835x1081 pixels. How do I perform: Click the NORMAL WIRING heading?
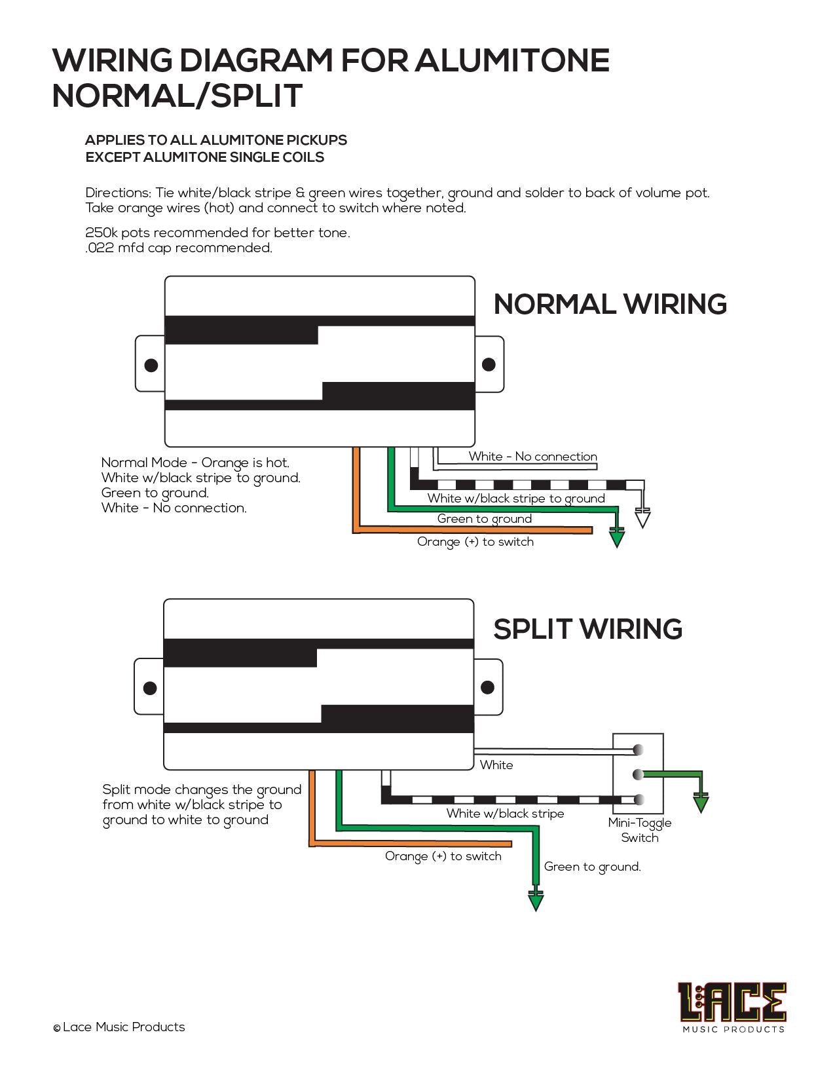click(x=610, y=305)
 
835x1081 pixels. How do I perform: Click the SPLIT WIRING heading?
click(x=587, y=629)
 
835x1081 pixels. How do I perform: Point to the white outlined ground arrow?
click(x=643, y=518)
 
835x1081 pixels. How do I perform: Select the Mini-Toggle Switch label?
click(x=639, y=830)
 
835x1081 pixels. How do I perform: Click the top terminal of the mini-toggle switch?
click(x=638, y=750)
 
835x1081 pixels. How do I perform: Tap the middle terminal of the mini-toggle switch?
click(x=638, y=774)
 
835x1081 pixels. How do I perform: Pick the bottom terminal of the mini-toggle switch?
click(x=638, y=799)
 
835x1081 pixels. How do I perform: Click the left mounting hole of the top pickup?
click(x=151, y=365)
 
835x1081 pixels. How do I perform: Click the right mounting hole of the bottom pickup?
click(x=487, y=687)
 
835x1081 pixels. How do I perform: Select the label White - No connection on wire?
click(x=532, y=457)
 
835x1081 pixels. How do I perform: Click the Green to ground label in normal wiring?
click(x=484, y=519)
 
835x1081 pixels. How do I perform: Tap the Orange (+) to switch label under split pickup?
click(x=443, y=856)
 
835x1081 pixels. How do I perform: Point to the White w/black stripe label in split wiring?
click(x=505, y=814)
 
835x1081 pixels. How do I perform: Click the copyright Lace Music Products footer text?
click(x=119, y=1027)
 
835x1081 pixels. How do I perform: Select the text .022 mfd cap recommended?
click(x=179, y=248)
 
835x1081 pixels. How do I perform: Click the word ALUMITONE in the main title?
click(x=511, y=60)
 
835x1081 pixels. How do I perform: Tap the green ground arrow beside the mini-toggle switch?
click(x=701, y=803)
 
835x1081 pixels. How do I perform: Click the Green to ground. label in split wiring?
click(x=592, y=867)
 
